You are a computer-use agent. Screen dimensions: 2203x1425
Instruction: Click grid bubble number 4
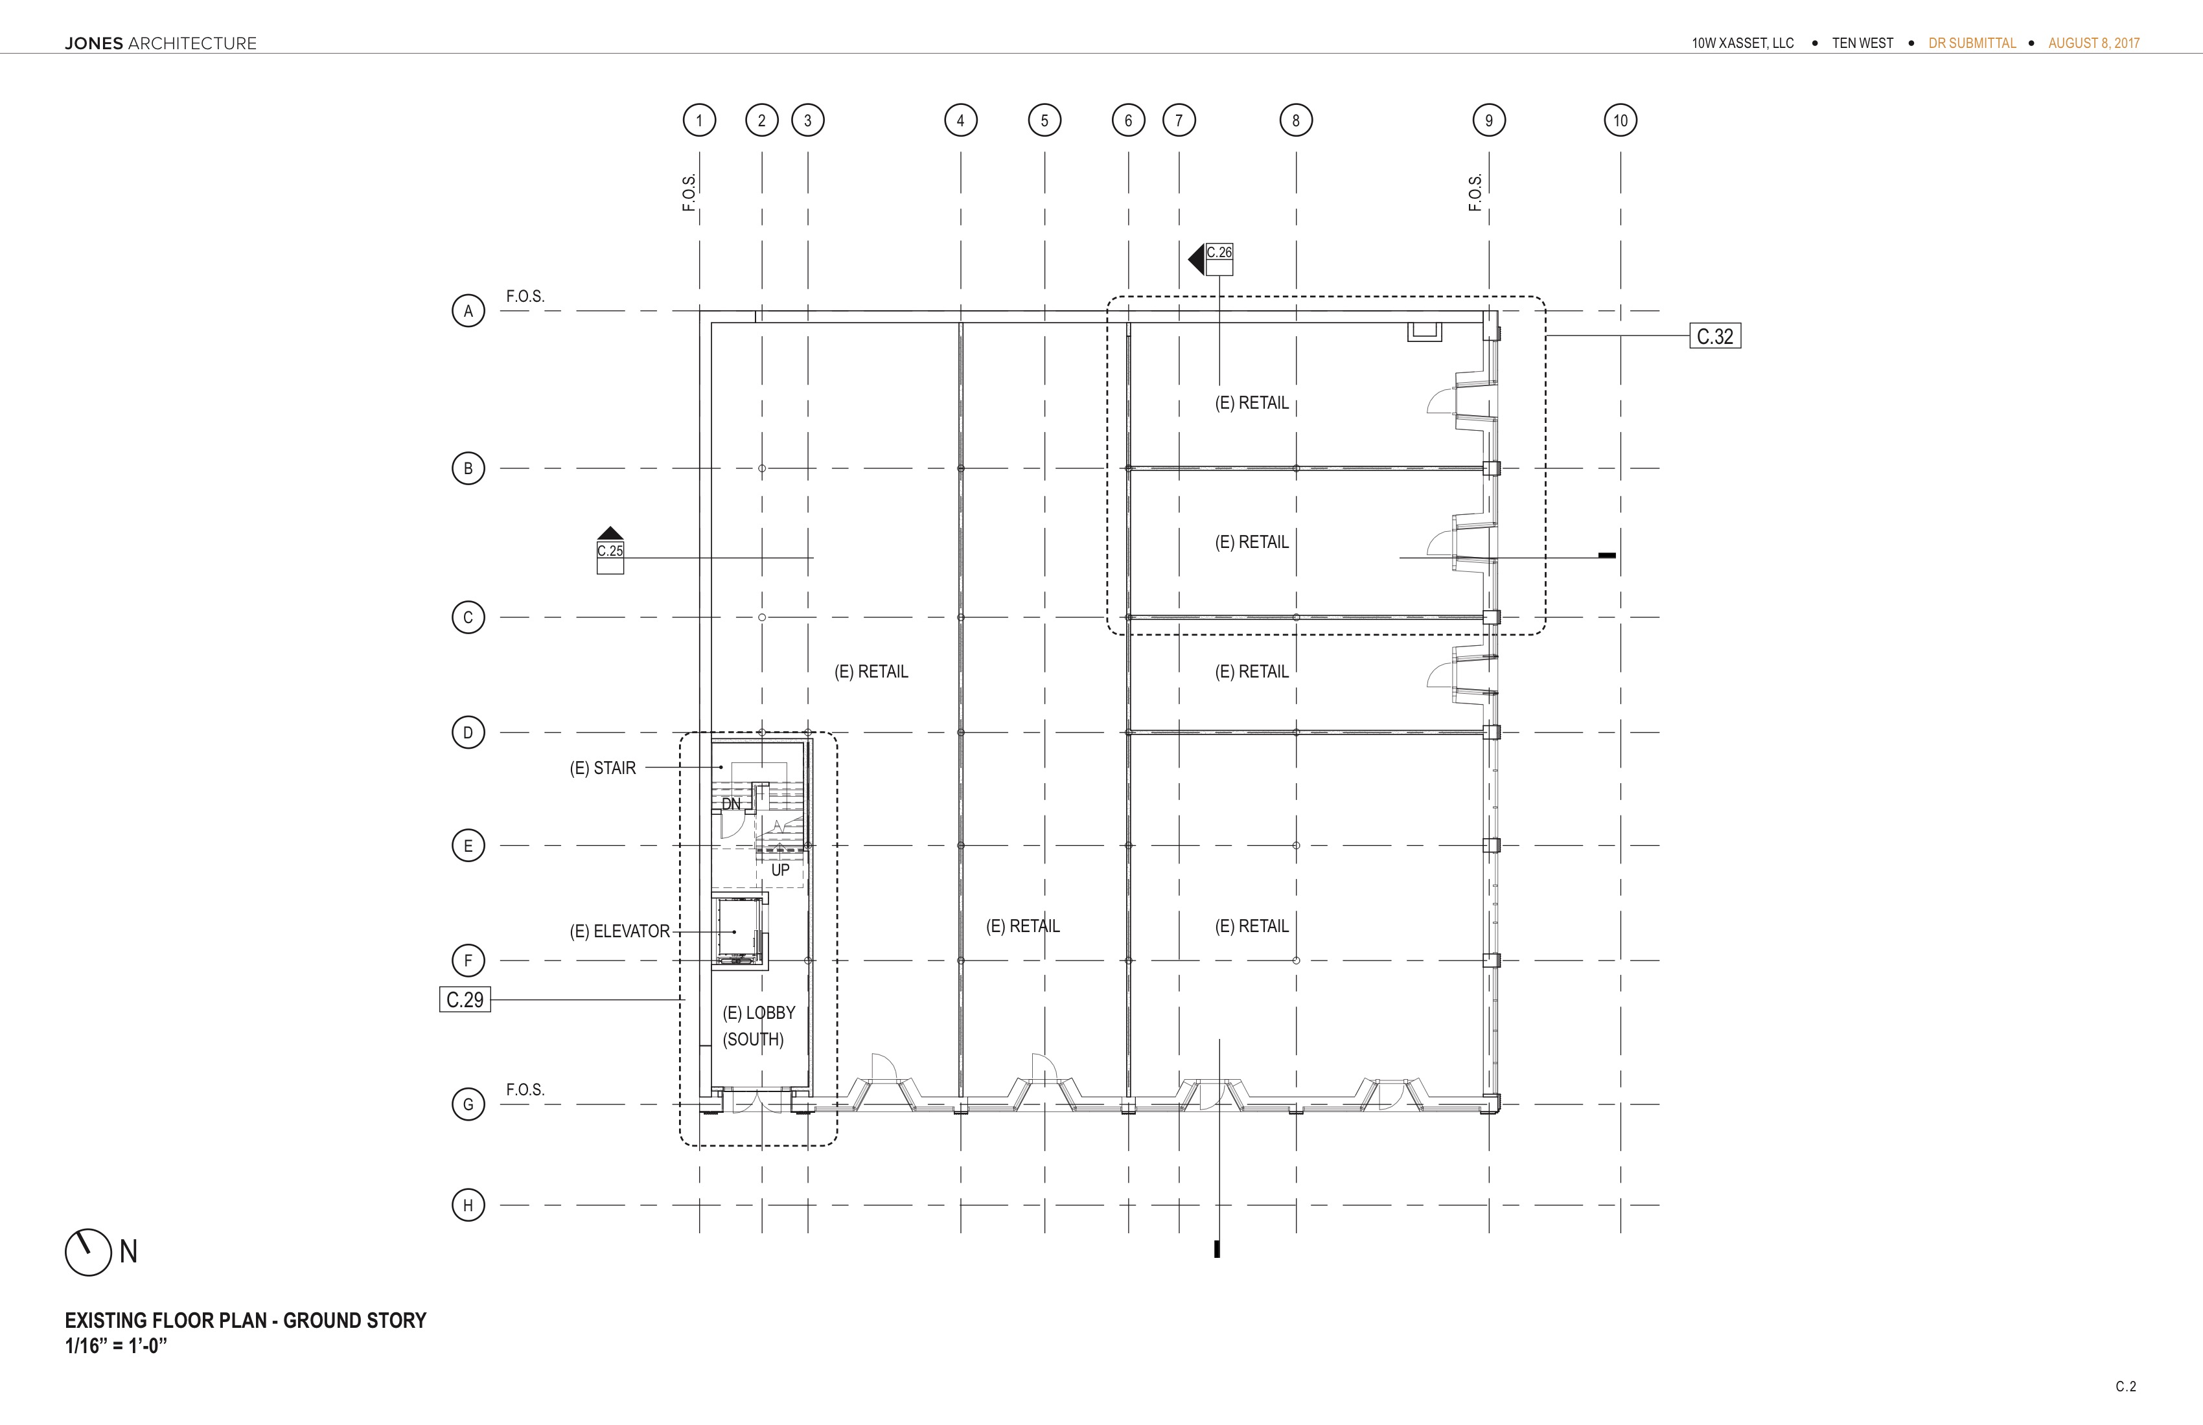coord(961,120)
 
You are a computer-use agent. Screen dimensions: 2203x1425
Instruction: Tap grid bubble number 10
coord(1621,120)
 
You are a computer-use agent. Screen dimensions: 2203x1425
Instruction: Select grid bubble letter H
coord(468,1205)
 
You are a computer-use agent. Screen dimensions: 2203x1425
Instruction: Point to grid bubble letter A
coord(468,311)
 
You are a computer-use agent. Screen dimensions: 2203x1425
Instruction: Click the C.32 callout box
coord(1715,336)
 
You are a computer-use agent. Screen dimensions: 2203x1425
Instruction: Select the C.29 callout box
coord(465,999)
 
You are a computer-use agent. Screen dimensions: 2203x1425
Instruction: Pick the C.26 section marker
coord(1212,259)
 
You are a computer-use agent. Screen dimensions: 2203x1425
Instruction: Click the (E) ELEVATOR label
coord(619,931)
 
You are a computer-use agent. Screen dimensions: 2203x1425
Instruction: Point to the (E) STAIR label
coord(603,768)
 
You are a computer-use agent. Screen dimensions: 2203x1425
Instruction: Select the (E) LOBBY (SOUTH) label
coord(759,1025)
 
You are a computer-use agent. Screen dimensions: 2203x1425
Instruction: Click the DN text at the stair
coord(732,803)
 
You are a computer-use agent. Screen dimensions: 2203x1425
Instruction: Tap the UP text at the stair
coord(780,870)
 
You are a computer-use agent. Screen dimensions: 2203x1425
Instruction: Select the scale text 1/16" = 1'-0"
coord(116,1345)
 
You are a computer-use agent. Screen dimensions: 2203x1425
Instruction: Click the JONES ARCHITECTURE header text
coord(161,43)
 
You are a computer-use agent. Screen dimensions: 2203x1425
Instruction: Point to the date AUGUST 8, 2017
coord(2093,43)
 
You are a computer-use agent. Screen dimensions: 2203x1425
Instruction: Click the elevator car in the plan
coord(739,930)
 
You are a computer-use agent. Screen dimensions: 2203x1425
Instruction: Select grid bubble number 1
coord(700,120)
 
